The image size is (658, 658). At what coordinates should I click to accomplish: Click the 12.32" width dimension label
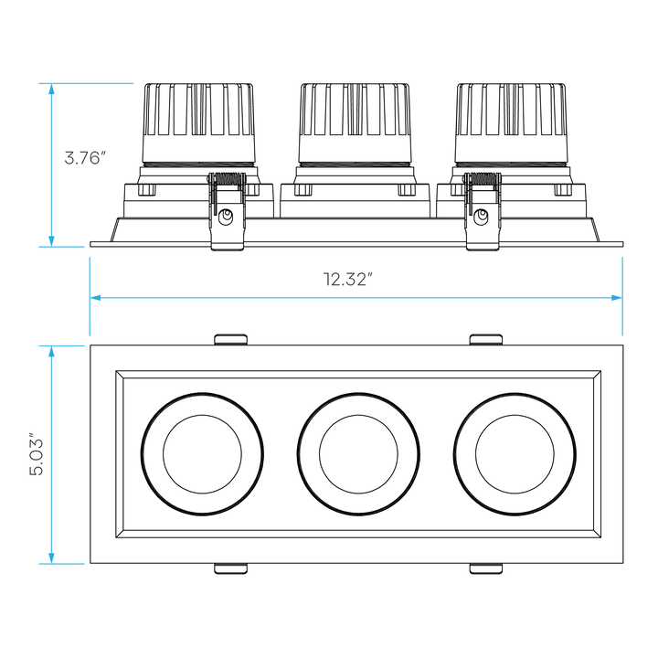(x=350, y=280)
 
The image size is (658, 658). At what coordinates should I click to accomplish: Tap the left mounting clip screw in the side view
(x=228, y=218)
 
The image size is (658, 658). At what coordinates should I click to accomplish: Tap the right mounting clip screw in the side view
(x=481, y=218)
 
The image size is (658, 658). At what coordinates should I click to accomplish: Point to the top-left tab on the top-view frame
(x=230, y=340)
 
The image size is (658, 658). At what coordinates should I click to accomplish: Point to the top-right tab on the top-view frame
(x=485, y=340)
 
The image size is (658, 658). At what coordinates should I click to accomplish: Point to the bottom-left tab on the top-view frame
(x=230, y=569)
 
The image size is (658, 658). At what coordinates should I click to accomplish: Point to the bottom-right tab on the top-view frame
(x=485, y=569)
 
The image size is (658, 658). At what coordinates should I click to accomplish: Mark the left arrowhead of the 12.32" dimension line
(x=94, y=297)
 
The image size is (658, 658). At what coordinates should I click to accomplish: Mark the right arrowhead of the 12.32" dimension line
(x=617, y=297)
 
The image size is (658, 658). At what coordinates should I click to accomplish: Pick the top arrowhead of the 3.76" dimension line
(x=52, y=89)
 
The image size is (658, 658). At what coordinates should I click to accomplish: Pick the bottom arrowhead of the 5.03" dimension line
(x=52, y=557)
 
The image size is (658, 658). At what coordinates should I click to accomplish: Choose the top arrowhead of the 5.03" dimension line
(x=52, y=352)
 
